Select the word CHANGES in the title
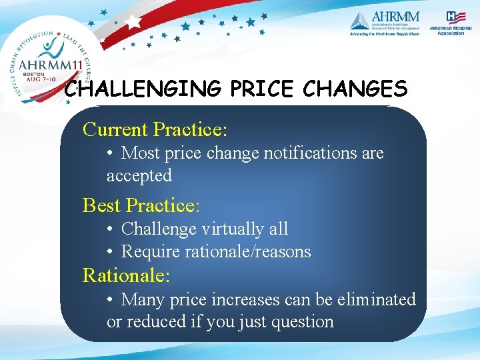[355, 89]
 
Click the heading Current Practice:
[155, 129]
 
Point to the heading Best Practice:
[141, 205]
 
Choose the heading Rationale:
[126, 274]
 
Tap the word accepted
[139, 176]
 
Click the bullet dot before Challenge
[111, 229]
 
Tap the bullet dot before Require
[111, 252]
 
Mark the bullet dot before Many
[111, 300]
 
